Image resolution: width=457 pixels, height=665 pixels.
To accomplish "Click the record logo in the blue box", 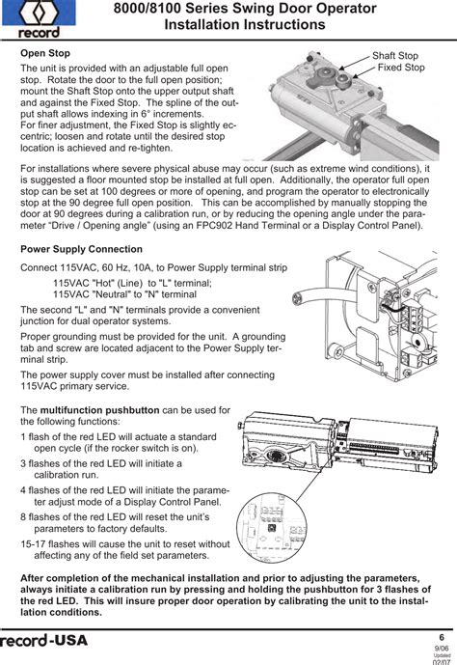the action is click(x=39, y=18).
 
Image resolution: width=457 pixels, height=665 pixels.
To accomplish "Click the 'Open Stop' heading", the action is click(x=45, y=53).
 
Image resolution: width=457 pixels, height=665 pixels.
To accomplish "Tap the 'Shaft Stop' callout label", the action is click(x=395, y=56).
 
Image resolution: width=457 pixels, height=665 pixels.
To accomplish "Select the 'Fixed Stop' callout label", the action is click(x=401, y=67).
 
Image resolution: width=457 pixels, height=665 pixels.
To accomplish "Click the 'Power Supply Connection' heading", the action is click(x=81, y=249).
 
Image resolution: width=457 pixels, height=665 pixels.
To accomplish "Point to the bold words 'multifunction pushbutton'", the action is click(x=99, y=410).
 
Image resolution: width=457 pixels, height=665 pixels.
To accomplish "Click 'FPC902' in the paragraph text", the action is click(x=214, y=225).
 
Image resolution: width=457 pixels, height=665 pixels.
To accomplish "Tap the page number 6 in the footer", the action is click(x=442, y=637).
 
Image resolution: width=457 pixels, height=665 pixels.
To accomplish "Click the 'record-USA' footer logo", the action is click(x=43, y=641).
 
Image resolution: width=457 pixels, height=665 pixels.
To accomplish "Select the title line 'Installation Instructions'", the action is click(x=245, y=24).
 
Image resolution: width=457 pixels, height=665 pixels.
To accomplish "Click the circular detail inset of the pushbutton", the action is click(x=272, y=528).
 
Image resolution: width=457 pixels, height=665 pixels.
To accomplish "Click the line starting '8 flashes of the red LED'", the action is click(x=115, y=517).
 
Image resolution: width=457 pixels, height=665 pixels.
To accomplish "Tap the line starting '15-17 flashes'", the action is click(x=125, y=544).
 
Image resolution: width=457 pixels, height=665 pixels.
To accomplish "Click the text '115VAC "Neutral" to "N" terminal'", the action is click(x=125, y=294).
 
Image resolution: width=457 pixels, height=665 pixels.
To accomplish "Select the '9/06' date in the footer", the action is click(x=442, y=649).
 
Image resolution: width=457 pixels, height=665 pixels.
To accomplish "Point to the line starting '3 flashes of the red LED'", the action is click(x=101, y=463).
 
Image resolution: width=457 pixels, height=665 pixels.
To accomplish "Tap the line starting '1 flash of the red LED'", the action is click(x=119, y=437).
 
